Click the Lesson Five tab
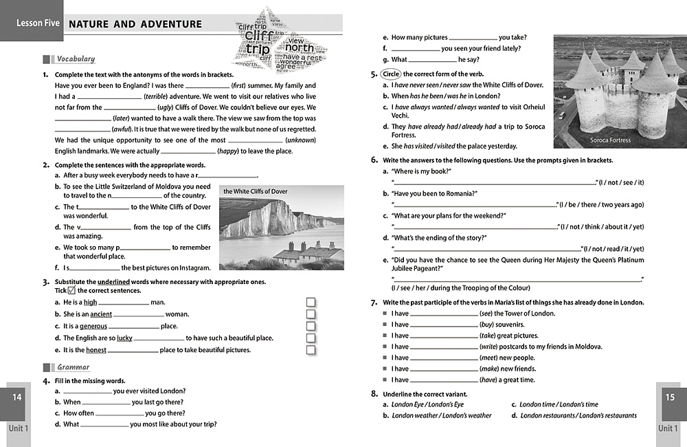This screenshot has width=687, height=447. click(x=32, y=23)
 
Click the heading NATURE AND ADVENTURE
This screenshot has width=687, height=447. click(x=136, y=24)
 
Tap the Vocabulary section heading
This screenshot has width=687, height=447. click(x=76, y=59)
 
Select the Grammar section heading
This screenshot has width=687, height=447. click(x=73, y=367)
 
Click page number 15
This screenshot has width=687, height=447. click(x=671, y=397)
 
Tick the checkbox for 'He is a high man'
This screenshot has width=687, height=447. click(x=311, y=303)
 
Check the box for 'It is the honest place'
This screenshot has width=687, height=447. click(x=311, y=350)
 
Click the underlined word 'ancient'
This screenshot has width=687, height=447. click(x=101, y=314)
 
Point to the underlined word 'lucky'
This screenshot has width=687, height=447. click(x=124, y=338)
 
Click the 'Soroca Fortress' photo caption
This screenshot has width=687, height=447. click(x=611, y=140)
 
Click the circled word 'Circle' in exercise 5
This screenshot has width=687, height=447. click(x=391, y=74)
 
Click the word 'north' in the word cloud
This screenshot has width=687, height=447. click(x=299, y=47)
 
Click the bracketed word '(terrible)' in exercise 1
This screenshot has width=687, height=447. click(x=159, y=97)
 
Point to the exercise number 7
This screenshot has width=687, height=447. click(x=374, y=303)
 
